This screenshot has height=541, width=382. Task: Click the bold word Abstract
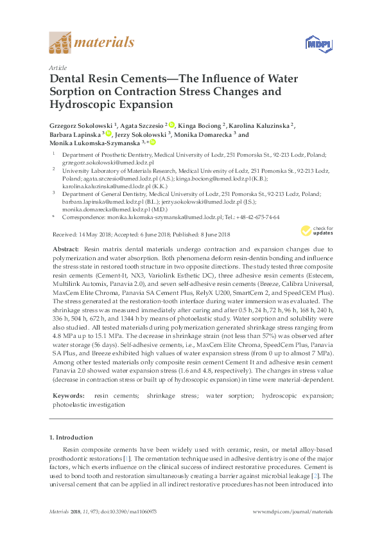click(x=65, y=249)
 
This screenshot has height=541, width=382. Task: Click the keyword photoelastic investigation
click(x=89, y=405)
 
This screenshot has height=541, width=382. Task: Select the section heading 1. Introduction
click(x=73, y=438)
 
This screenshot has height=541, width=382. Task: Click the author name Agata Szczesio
click(x=143, y=125)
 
